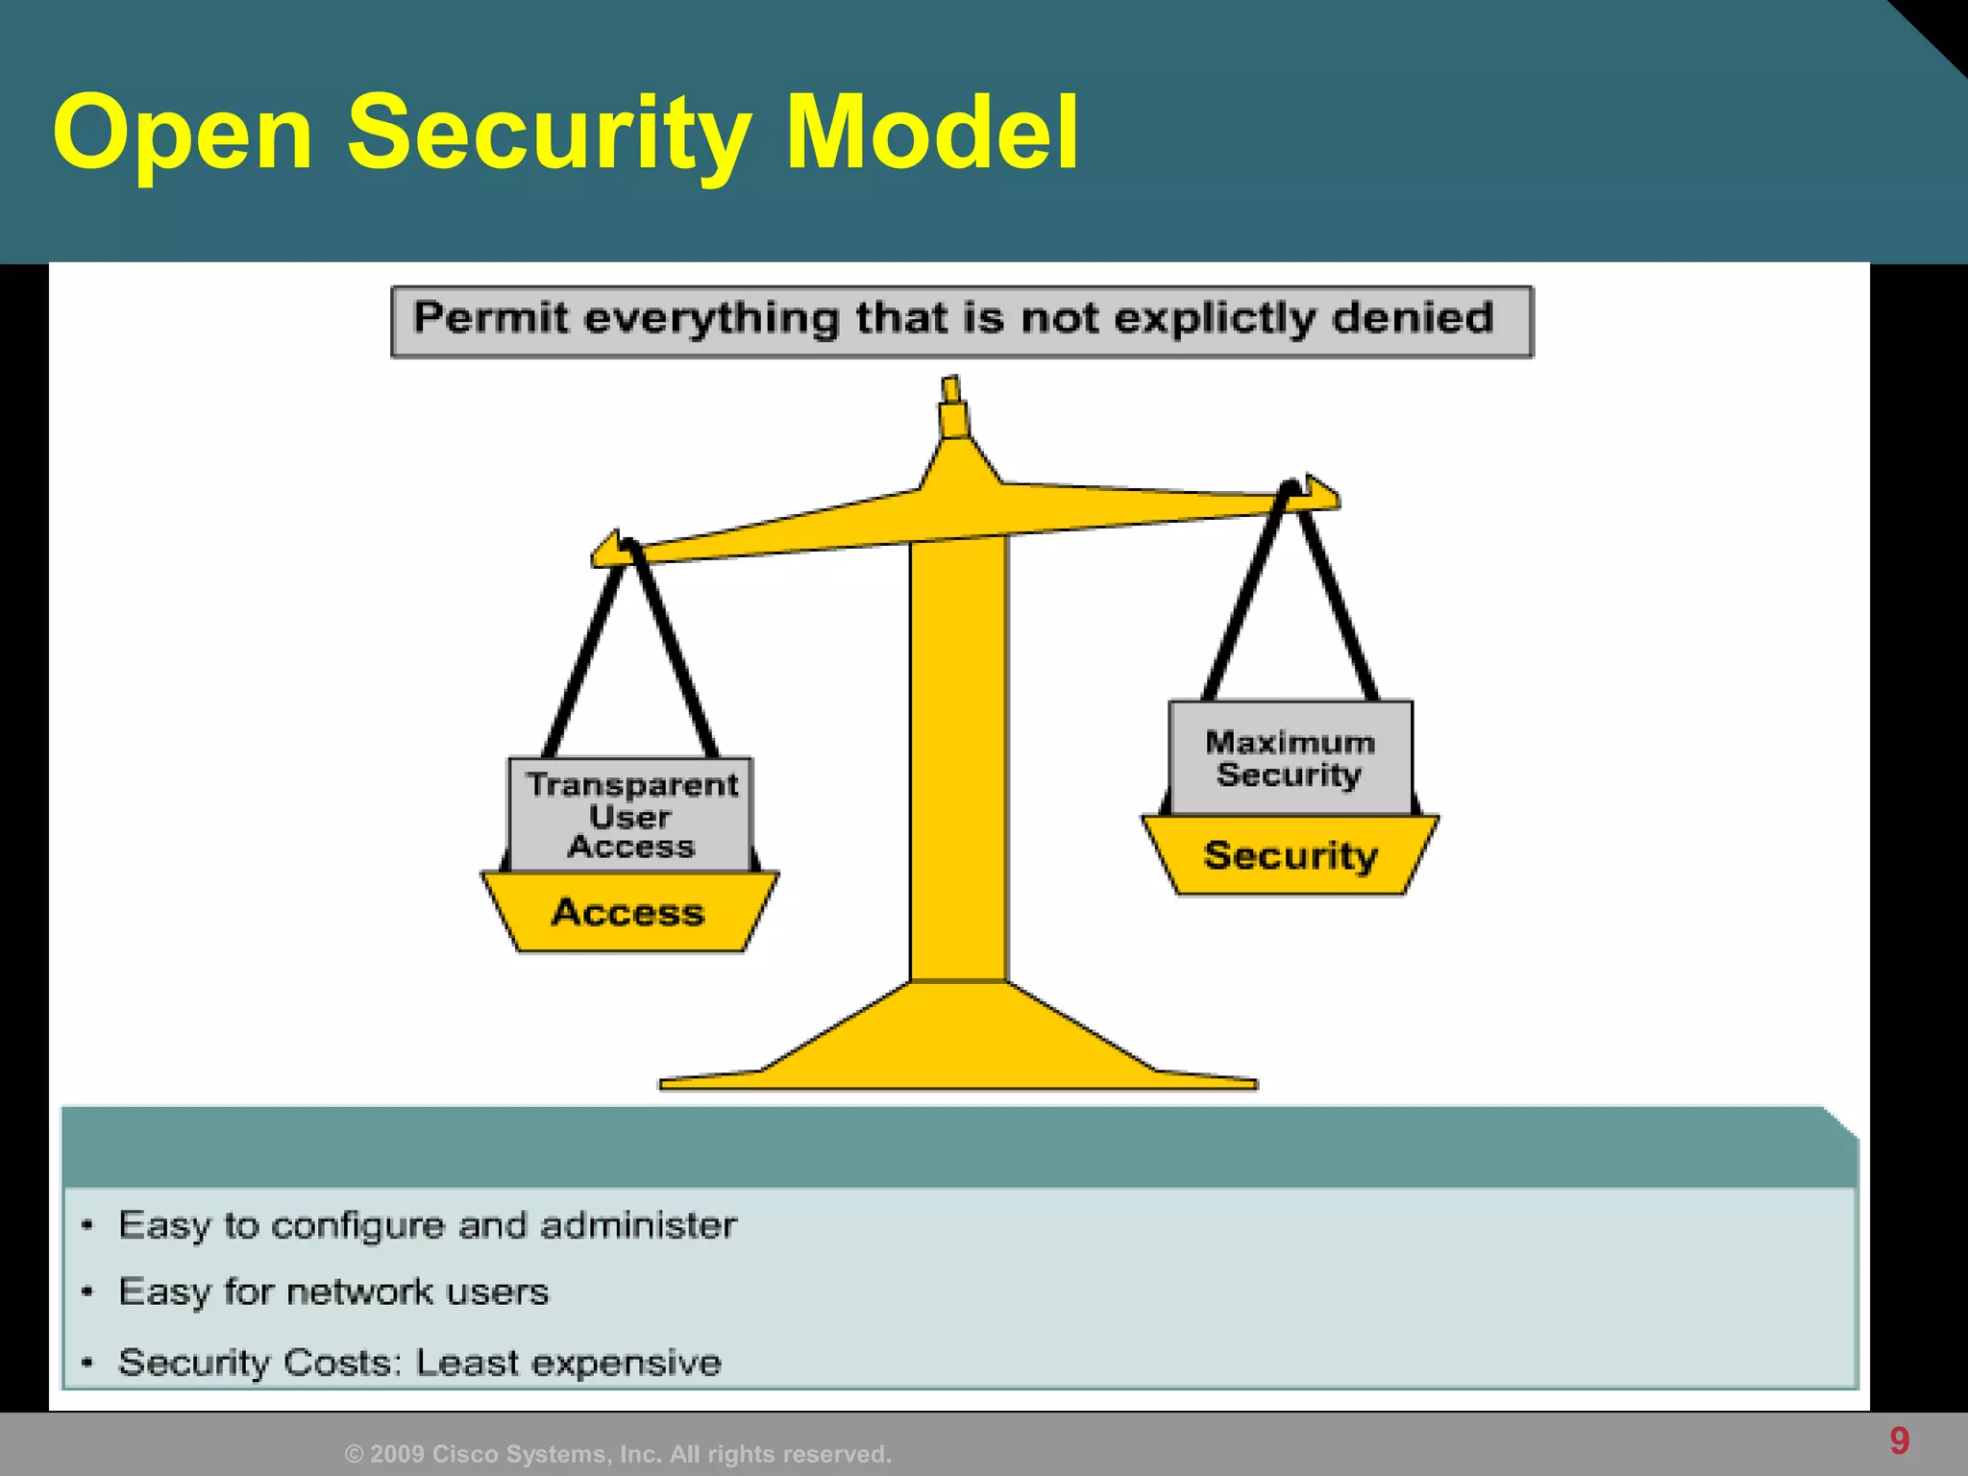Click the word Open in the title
pyautogui.click(x=183, y=135)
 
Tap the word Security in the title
pyautogui.click(x=548, y=135)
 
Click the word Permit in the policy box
pyautogui.click(x=490, y=318)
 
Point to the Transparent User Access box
pyautogui.click(x=630, y=815)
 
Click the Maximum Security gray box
pyautogui.click(x=1290, y=758)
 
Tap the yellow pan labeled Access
pyautogui.click(x=628, y=913)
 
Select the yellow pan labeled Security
pyautogui.click(x=1290, y=856)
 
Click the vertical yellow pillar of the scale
pyautogui.click(x=958, y=759)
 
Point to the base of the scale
pyautogui.click(x=958, y=1047)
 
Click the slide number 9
pyautogui.click(x=1899, y=1440)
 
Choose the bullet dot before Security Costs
pyautogui.click(x=87, y=1363)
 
